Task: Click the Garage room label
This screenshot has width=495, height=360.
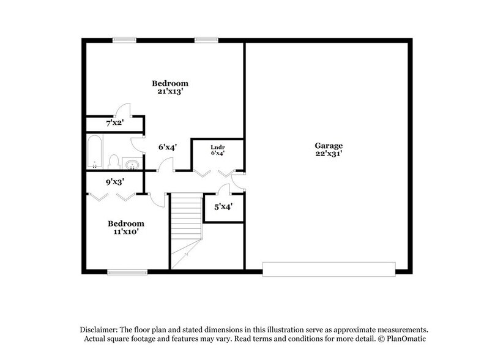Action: click(x=329, y=146)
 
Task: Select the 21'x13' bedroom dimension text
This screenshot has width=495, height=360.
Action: click(x=170, y=91)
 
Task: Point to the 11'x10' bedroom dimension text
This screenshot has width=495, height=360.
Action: click(x=126, y=232)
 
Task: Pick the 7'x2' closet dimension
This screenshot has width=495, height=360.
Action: click(x=115, y=123)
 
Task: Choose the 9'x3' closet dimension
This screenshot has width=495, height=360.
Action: click(x=115, y=182)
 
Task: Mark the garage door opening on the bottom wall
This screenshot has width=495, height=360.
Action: click(x=329, y=268)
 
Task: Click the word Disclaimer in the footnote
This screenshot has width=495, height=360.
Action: click(x=99, y=328)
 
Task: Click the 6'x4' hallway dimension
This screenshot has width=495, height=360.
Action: click(x=167, y=147)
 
